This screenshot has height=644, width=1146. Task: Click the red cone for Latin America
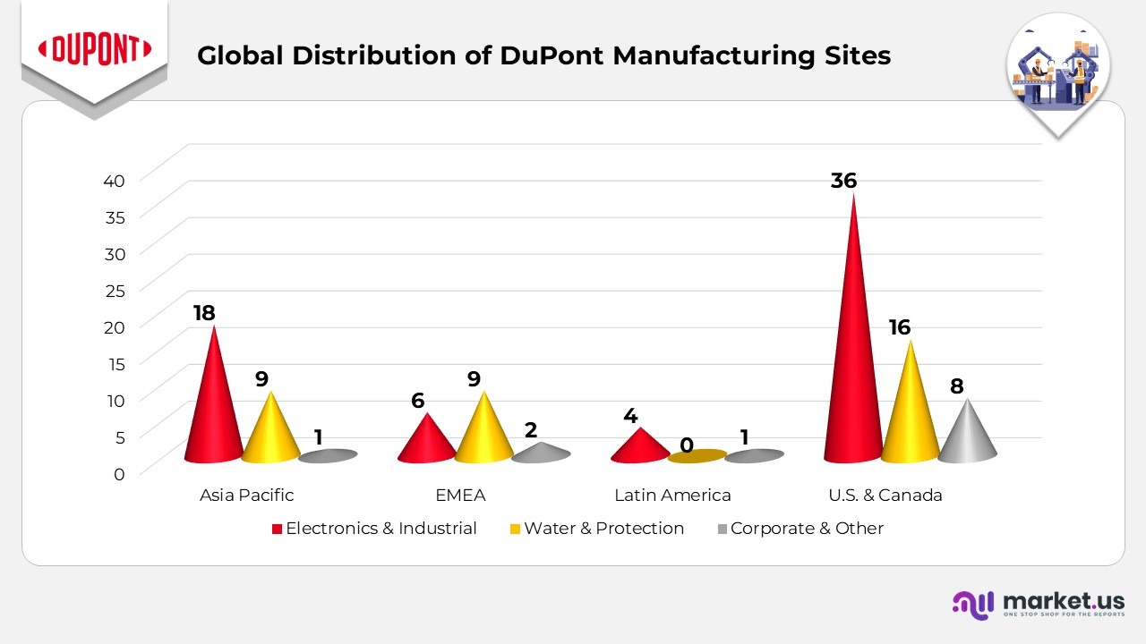tap(639, 447)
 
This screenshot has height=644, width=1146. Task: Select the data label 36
tap(843, 181)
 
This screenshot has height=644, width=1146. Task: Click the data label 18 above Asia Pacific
tap(204, 313)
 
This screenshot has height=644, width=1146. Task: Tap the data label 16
tap(899, 327)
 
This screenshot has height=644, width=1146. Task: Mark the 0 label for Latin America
tap(686, 445)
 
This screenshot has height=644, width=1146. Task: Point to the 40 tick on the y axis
tap(114, 180)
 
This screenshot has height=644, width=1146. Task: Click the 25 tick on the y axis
tap(114, 290)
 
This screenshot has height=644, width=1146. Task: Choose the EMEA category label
tap(459, 495)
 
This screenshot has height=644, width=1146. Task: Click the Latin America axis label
tap(672, 495)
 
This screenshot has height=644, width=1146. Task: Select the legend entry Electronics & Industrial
tap(381, 529)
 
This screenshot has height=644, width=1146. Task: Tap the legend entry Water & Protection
tap(603, 529)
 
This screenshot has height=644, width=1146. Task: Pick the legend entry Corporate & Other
tap(806, 529)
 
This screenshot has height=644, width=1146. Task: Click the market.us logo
tap(1038, 604)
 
